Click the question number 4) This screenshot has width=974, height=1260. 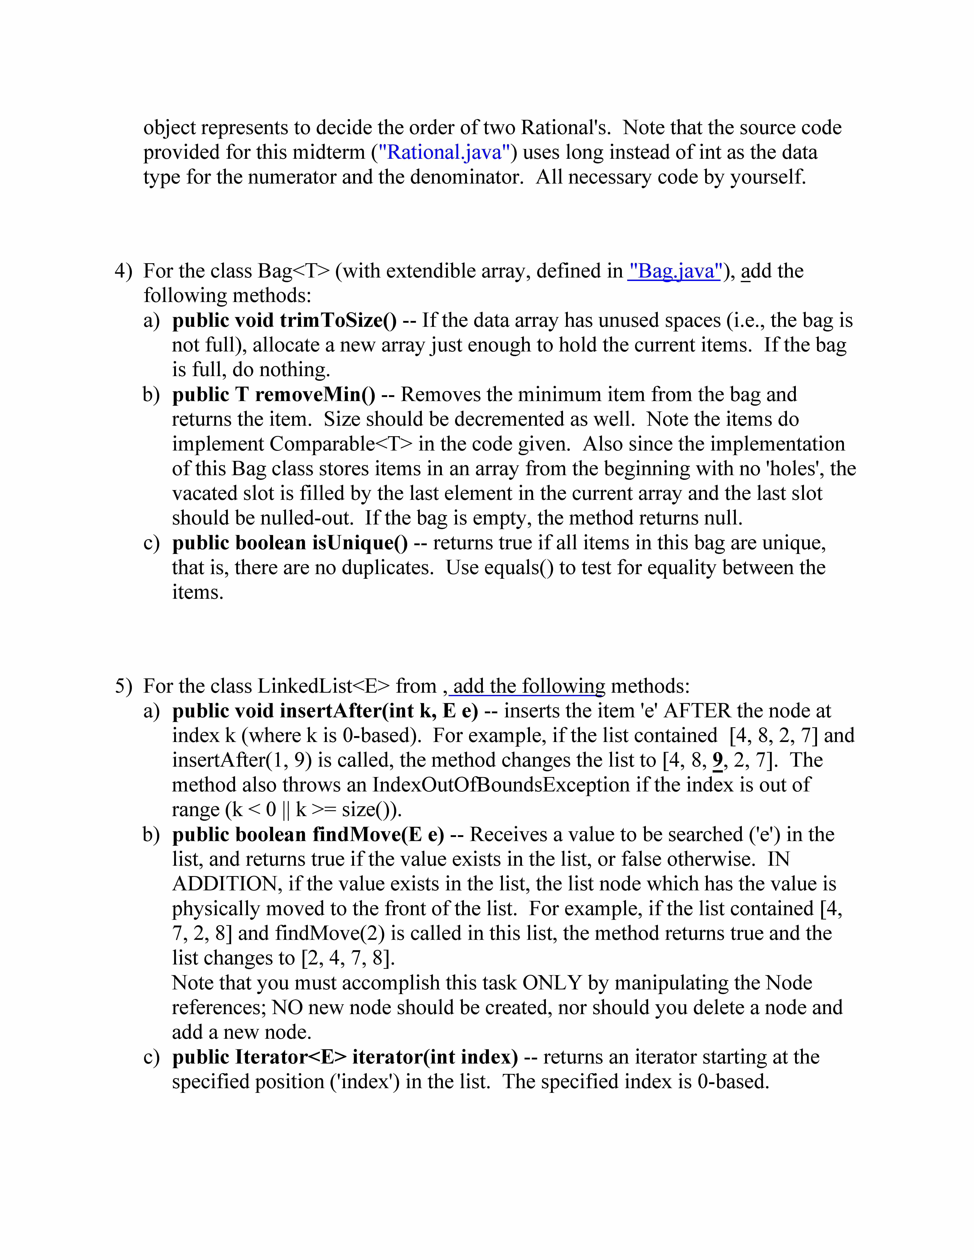point(123,271)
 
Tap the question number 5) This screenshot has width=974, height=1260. point(123,686)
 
